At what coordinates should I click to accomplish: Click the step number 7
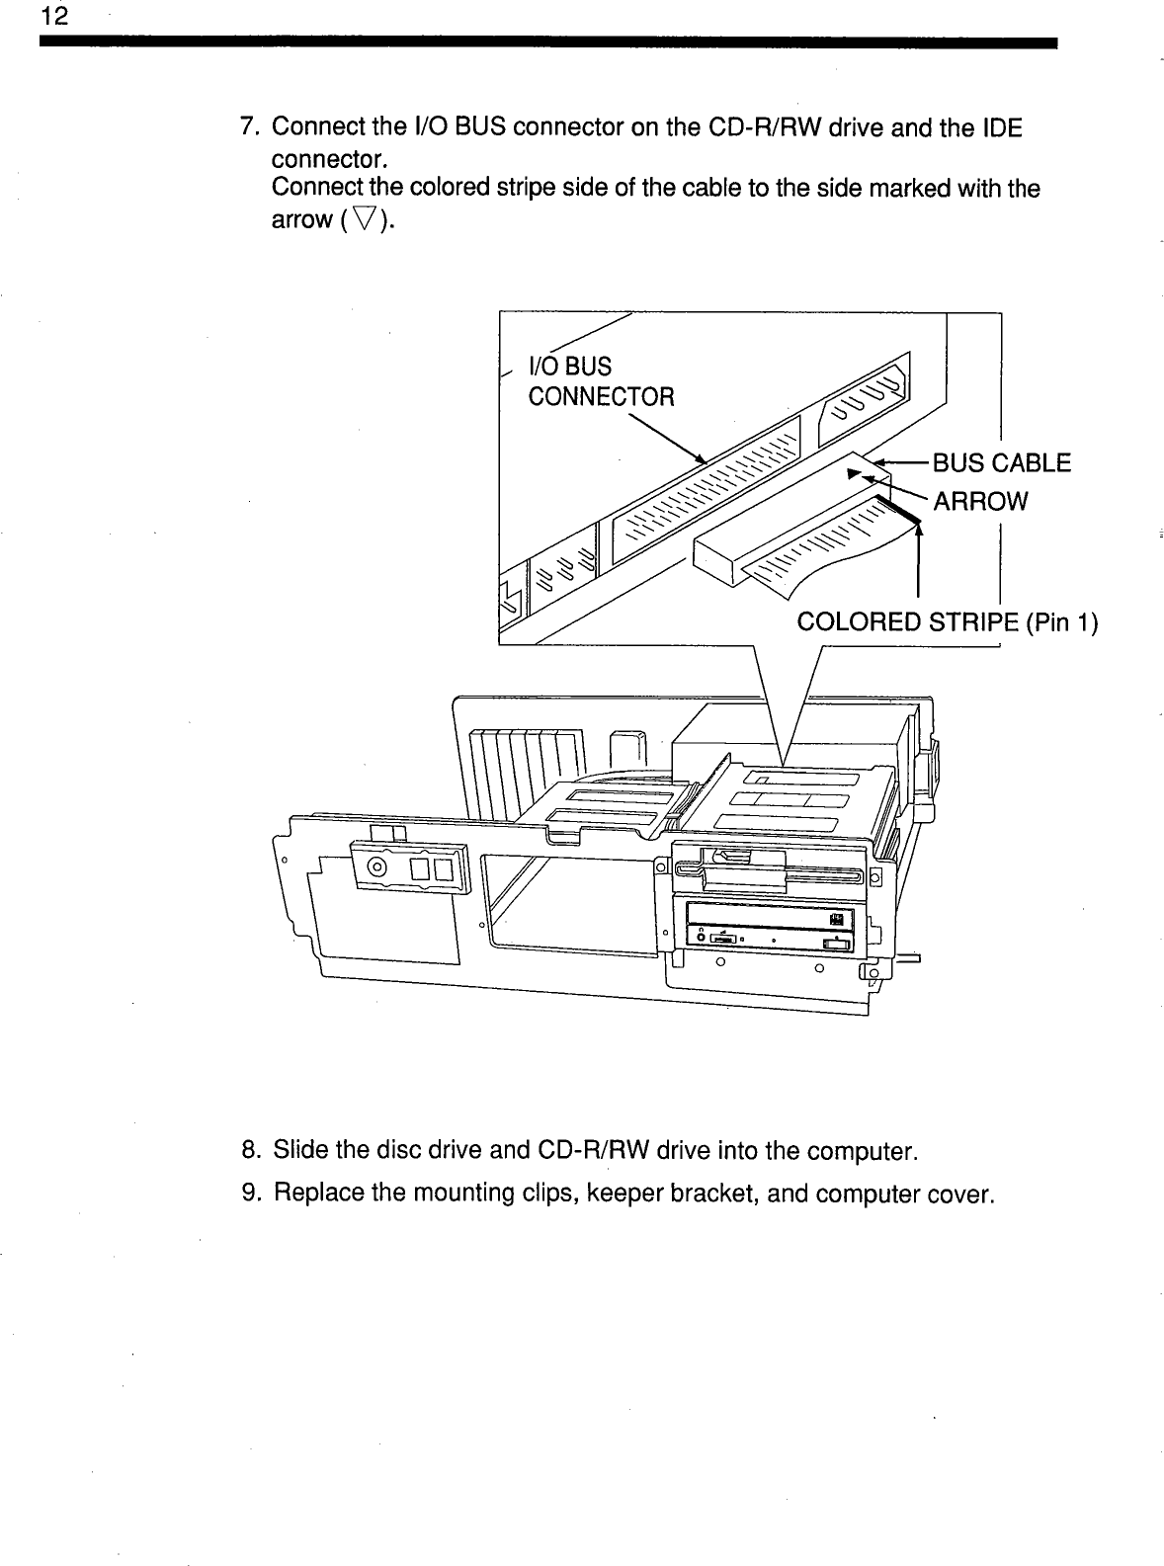tap(251, 127)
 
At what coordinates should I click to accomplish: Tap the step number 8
tap(251, 1151)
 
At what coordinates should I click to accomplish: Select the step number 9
tap(251, 1195)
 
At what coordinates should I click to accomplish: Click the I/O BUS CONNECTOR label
tap(600, 382)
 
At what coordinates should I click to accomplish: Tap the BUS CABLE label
tap(1002, 463)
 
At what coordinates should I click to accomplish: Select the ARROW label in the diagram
tap(980, 501)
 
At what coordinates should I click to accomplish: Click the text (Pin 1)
tap(1061, 622)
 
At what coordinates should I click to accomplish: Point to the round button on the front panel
tap(377, 868)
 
